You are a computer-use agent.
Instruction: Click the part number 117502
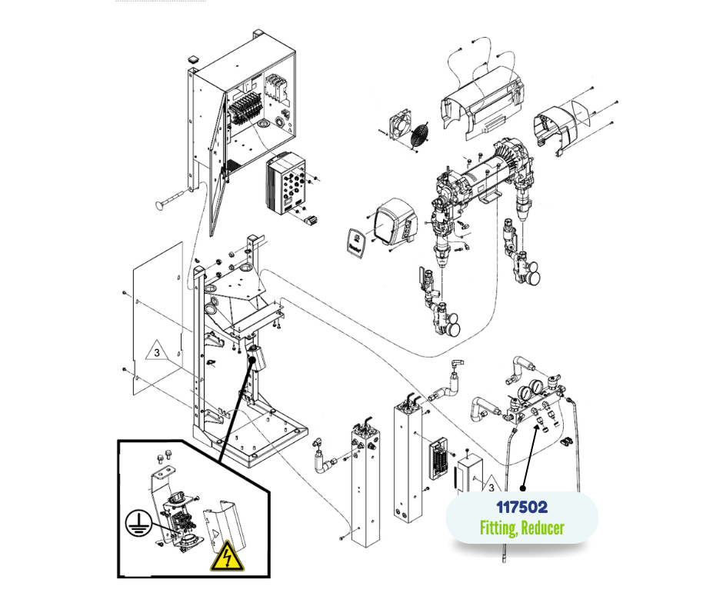[521, 508]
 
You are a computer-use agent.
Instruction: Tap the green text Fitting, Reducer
[521, 528]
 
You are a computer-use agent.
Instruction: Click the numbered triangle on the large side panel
[155, 353]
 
